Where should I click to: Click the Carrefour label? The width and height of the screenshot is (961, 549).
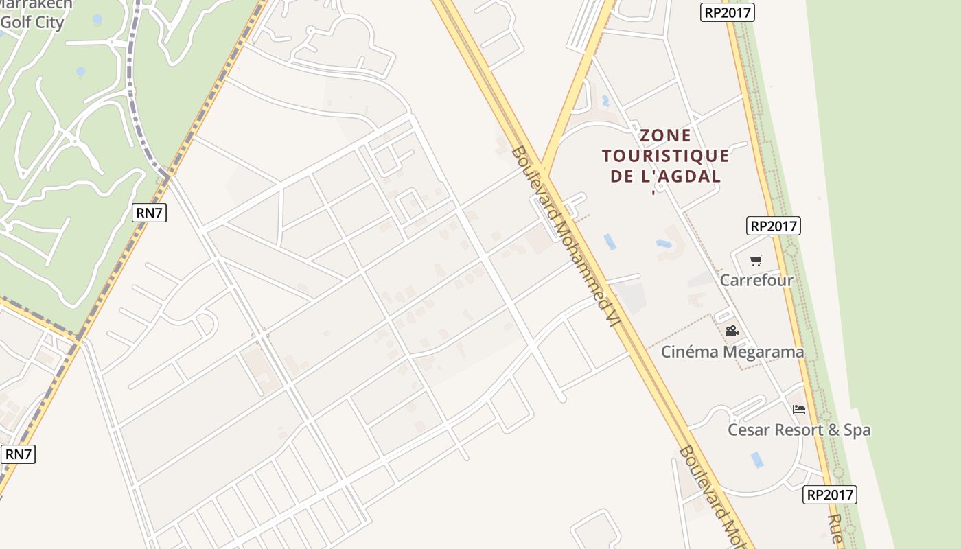(x=756, y=280)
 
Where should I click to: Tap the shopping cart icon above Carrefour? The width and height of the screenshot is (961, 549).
(x=756, y=260)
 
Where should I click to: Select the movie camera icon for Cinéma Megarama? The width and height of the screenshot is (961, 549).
(x=732, y=331)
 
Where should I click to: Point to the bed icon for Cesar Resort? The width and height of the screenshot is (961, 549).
(x=798, y=410)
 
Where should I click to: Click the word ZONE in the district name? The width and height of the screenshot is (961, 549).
(x=666, y=135)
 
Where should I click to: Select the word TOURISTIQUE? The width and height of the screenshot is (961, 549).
(x=666, y=156)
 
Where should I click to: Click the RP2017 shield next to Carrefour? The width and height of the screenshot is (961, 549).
(x=774, y=226)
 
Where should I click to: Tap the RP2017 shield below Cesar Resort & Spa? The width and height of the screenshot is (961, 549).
(x=830, y=495)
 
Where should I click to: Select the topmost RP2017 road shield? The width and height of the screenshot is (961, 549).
(x=728, y=12)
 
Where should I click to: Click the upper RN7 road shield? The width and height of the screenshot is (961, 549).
(x=150, y=213)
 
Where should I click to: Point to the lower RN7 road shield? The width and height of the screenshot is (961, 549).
(x=19, y=454)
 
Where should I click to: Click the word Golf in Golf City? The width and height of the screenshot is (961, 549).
(x=16, y=23)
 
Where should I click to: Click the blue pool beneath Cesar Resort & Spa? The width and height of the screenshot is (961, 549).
(x=757, y=459)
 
